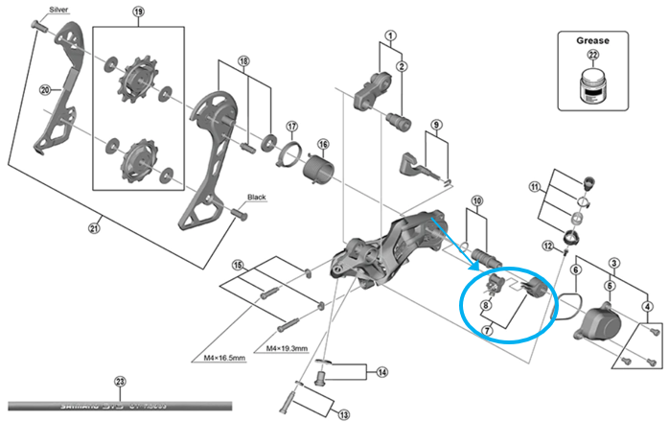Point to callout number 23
tap(118, 381)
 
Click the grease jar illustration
tap(586, 93)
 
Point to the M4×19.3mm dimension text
tap(283, 347)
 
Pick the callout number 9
tap(434, 126)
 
